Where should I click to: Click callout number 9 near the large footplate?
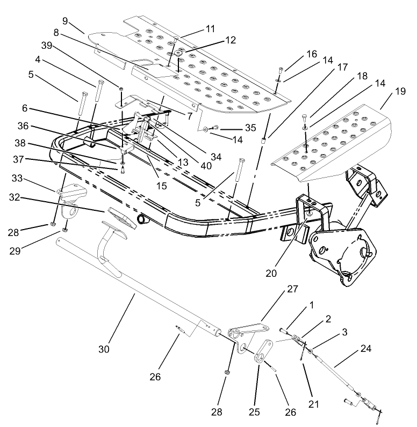coord(65,21)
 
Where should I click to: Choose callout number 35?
coord(251,129)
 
